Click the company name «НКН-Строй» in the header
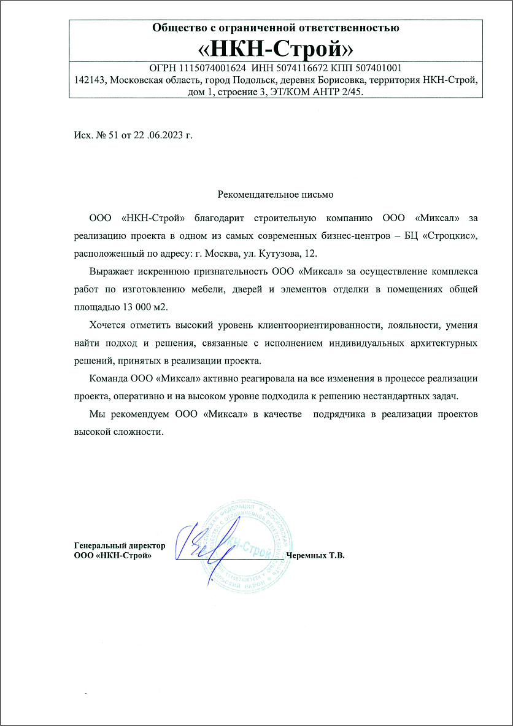(x=276, y=48)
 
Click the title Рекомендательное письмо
(x=276, y=195)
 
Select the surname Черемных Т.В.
(x=316, y=556)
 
